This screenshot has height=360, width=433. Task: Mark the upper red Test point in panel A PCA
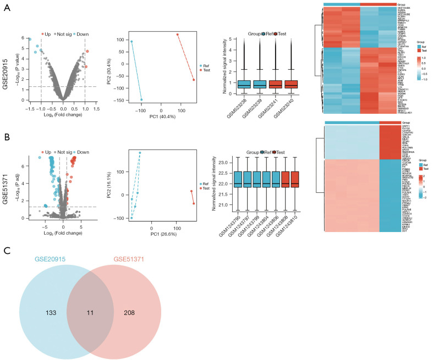point(178,35)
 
